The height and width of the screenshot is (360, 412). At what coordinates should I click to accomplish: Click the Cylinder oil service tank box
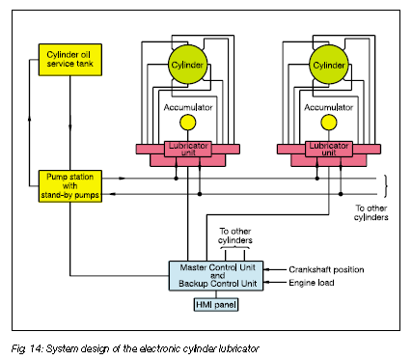tap(70, 60)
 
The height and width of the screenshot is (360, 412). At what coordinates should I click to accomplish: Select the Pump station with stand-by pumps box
tap(70, 186)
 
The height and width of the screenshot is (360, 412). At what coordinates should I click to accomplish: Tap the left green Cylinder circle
tap(187, 65)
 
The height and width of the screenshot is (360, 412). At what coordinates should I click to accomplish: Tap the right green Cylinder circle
tap(329, 65)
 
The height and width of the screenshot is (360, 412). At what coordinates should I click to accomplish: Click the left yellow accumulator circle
tap(187, 123)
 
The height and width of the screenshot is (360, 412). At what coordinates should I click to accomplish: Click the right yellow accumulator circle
tap(329, 123)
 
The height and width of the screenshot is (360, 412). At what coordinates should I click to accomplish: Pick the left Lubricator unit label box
tap(188, 149)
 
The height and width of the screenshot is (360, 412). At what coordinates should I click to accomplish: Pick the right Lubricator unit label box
tap(329, 149)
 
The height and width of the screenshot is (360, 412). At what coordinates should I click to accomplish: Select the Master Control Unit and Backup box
tap(216, 276)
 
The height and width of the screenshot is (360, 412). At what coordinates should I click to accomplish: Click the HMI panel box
tap(216, 304)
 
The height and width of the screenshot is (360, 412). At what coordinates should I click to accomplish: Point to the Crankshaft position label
tap(326, 269)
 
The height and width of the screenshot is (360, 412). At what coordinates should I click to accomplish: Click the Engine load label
tap(312, 283)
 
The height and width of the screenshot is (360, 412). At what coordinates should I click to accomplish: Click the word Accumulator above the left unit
tap(188, 107)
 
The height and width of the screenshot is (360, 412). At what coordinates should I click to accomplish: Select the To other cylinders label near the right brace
tap(371, 212)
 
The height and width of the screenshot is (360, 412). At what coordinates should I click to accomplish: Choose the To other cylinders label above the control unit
tap(235, 235)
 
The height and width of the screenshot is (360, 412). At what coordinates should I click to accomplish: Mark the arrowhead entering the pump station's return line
tap(113, 194)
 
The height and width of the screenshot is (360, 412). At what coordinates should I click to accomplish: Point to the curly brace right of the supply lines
tap(385, 186)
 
